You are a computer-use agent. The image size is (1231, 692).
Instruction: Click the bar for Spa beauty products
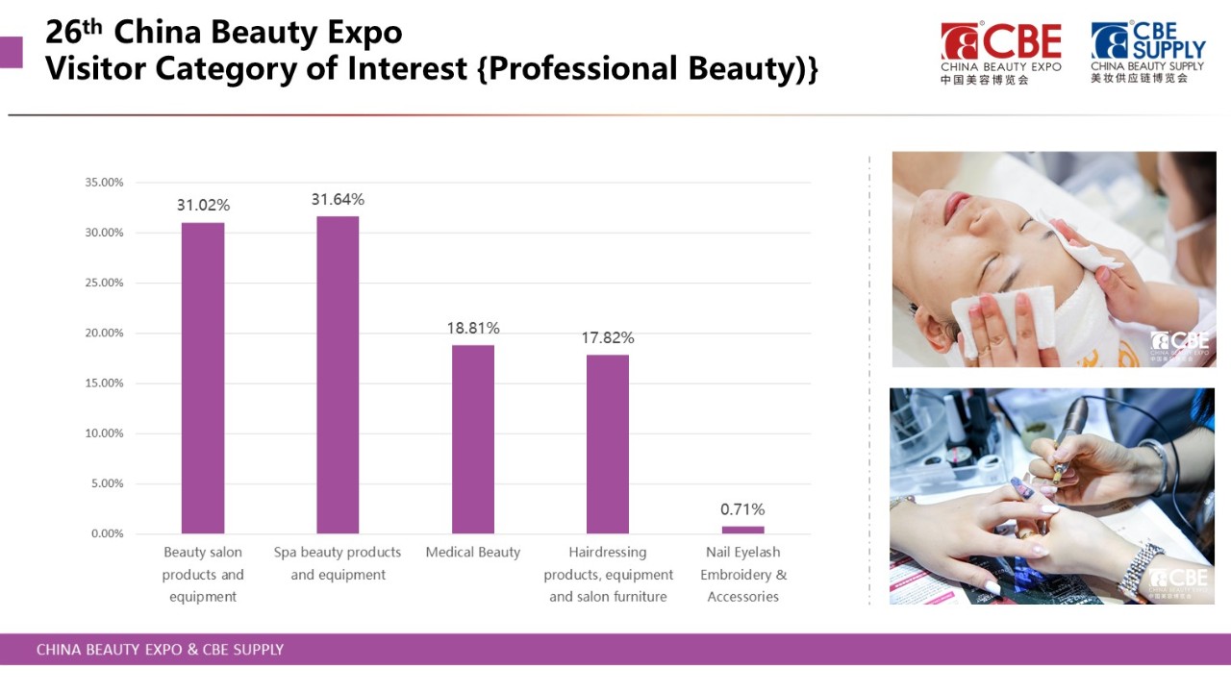click(x=338, y=375)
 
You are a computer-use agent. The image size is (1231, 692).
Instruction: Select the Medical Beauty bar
click(x=472, y=439)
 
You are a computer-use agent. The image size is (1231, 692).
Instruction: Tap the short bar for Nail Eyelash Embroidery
click(x=742, y=530)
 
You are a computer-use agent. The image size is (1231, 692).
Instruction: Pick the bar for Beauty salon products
click(x=203, y=378)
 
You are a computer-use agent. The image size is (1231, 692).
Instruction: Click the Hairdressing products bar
click(x=607, y=444)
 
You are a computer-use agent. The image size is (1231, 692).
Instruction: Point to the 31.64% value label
click(x=338, y=199)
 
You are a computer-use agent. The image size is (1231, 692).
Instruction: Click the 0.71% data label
click(x=742, y=509)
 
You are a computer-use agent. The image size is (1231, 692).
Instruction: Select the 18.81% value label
click(x=472, y=329)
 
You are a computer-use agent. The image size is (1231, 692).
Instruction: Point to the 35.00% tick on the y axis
click(x=104, y=183)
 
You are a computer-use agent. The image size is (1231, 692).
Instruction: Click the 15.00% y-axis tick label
click(x=104, y=383)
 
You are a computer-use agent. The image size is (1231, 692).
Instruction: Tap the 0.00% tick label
click(x=107, y=533)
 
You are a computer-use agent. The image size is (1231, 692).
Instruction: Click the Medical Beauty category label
click(x=472, y=552)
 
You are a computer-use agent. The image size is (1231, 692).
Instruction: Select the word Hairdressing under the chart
click(x=607, y=552)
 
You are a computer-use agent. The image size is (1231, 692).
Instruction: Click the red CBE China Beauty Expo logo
click(x=1001, y=53)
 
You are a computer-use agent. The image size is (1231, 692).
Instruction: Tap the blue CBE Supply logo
click(x=1148, y=52)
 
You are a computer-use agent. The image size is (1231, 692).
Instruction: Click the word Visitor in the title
click(x=95, y=68)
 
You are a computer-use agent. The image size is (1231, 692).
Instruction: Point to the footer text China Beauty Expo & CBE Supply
click(x=160, y=650)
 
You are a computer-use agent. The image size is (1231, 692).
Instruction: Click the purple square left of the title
click(x=11, y=52)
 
